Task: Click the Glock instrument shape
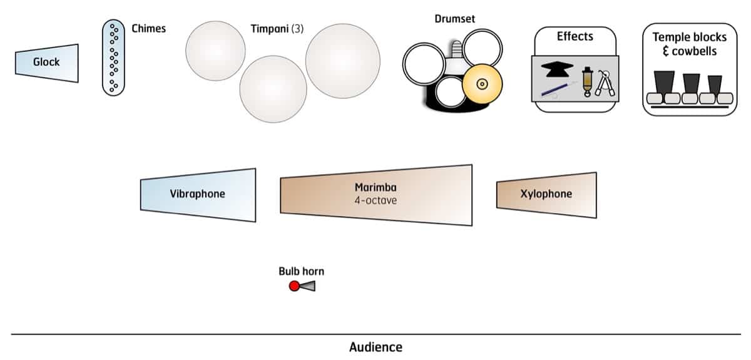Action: (x=47, y=63)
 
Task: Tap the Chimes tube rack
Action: (x=113, y=57)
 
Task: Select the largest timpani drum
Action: (x=342, y=61)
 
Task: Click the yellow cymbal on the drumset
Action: (x=481, y=84)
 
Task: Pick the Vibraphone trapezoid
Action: (x=198, y=194)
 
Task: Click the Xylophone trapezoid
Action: (x=546, y=194)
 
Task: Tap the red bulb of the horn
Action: (x=294, y=286)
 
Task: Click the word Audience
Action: (x=375, y=347)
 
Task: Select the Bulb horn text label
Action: (x=301, y=272)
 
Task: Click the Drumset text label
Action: (x=454, y=19)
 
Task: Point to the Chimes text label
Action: (x=148, y=28)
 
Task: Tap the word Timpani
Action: (x=267, y=28)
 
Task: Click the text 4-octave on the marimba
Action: (x=375, y=200)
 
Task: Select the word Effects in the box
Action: (x=575, y=36)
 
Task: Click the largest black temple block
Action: (x=663, y=82)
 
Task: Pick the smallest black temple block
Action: (x=715, y=84)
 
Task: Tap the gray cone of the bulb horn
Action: (x=308, y=286)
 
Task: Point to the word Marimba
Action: (x=375, y=188)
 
